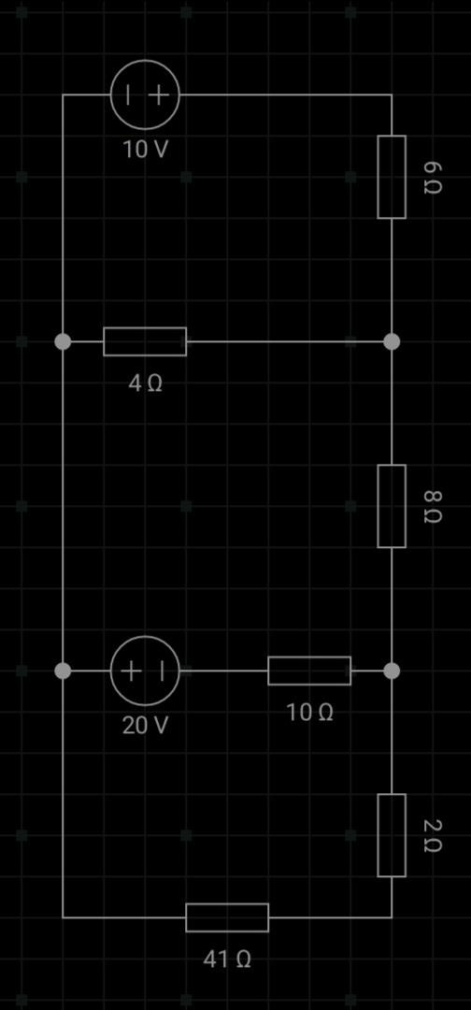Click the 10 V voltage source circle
[x=145, y=94]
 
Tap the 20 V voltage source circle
[x=145, y=671]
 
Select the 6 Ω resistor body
[x=392, y=177]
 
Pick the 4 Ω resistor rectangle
[x=145, y=341]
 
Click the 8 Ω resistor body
[x=392, y=506]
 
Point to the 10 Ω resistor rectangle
[x=309, y=671]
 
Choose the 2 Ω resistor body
[x=392, y=835]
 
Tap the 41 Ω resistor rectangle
[x=227, y=917]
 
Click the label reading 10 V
[x=146, y=150]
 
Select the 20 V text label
[x=146, y=726]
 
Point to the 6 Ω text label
[x=432, y=177]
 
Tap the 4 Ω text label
[x=145, y=383]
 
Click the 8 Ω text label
[x=432, y=506]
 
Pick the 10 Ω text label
[x=309, y=713]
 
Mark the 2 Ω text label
[x=432, y=835]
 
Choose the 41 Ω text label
[x=227, y=959]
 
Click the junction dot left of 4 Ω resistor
[x=63, y=341]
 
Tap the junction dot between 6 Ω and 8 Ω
[x=392, y=341]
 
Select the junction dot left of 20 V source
[x=63, y=671]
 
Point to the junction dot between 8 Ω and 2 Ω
[x=392, y=671]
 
